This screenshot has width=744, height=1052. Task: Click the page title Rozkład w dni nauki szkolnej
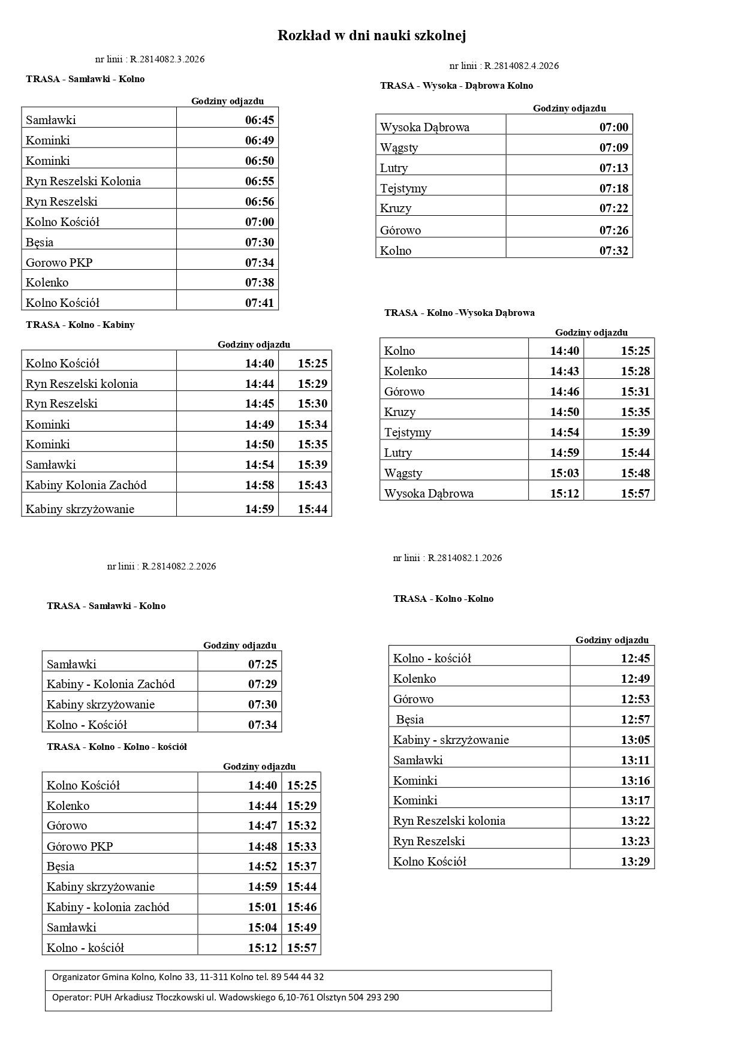click(372, 36)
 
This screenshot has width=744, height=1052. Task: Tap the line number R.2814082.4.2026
click(522, 66)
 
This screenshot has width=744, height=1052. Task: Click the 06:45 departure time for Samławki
click(260, 120)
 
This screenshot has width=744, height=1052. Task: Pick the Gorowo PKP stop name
click(59, 263)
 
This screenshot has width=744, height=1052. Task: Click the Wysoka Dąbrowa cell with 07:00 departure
click(425, 127)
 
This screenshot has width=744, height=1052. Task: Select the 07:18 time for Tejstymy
click(614, 188)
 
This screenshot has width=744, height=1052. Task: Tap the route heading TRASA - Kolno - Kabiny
click(80, 325)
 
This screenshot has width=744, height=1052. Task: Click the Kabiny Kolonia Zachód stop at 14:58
click(86, 485)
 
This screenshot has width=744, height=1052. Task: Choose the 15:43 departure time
click(312, 485)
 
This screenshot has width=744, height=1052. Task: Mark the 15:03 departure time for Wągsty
click(565, 473)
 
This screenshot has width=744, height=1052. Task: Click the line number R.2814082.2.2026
click(179, 566)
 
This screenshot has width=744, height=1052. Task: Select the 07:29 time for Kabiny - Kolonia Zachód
click(263, 684)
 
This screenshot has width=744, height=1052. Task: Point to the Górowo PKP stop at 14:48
click(80, 846)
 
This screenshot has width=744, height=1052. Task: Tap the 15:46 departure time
click(302, 907)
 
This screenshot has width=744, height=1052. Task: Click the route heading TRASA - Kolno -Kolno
click(444, 599)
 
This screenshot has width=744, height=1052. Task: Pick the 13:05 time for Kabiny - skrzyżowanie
click(635, 740)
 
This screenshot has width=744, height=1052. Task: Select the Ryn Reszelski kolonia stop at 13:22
click(449, 821)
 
